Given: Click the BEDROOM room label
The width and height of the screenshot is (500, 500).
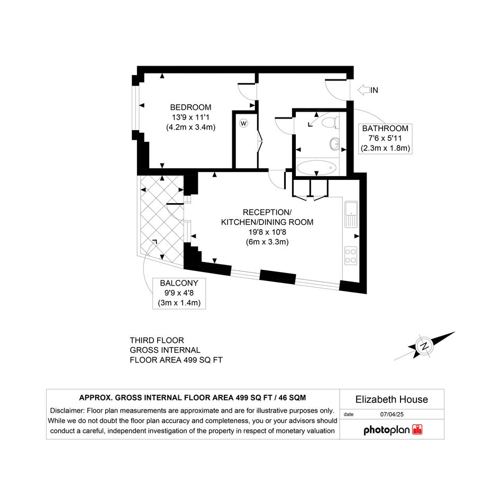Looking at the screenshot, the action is click(190, 107).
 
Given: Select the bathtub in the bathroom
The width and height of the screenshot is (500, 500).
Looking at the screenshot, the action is click(316, 167).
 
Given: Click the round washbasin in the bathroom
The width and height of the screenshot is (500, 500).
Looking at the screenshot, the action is click(334, 144).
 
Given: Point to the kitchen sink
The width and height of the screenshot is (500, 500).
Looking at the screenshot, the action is click(351, 214).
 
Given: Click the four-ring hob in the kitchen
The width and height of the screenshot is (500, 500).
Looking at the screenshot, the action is click(351, 256).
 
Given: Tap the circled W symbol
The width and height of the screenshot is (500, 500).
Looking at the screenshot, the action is click(243, 123).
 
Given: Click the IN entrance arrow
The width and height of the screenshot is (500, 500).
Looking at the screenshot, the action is click(368, 90).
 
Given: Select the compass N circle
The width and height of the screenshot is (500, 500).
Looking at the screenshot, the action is click(424, 346).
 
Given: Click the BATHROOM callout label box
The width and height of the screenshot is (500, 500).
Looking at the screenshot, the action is click(385, 139).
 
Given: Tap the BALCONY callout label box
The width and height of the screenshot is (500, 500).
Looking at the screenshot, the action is click(179, 293).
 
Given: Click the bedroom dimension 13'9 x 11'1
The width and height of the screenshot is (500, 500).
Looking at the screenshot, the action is click(190, 117).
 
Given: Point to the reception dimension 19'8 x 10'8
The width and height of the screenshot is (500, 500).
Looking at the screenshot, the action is click(267, 232).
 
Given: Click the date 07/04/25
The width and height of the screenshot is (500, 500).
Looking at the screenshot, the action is click(392, 414).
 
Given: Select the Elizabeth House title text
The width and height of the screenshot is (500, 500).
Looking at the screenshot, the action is click(392, 399).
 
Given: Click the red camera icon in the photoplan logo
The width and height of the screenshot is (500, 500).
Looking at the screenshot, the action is click(417, 430).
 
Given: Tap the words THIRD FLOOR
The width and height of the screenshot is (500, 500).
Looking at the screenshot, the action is click(157, 340).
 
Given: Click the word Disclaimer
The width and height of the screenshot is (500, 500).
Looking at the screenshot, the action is click(67, 411).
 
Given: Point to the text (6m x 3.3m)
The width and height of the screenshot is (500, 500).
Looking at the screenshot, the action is click(267, 242).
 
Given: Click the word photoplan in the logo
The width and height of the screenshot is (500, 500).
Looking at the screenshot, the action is click(386, 430).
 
